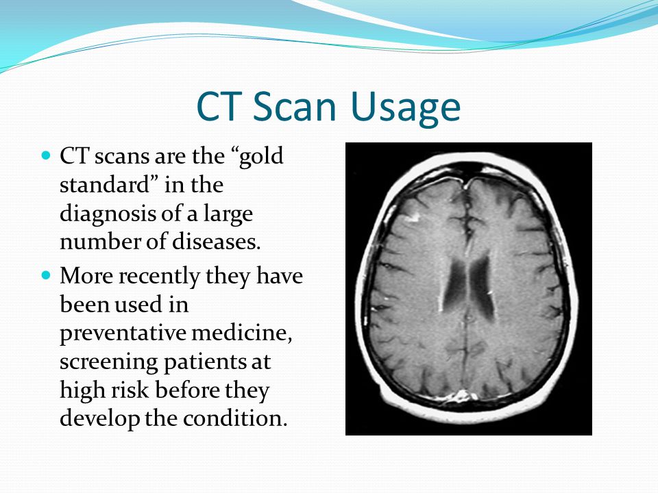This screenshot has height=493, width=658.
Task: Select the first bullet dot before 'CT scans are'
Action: (x=47, y=156)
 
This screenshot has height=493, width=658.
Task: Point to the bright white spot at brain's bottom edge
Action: (x=458, y=395)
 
